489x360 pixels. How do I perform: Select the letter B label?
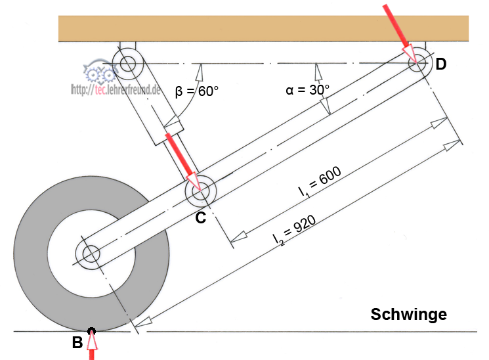tap(77, 342)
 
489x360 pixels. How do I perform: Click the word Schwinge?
tap(408, 315)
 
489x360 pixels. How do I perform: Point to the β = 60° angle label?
tap(196, 91)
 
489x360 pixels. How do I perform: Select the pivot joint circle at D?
tap(417, 64)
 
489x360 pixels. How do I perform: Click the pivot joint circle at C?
tap(199, 192)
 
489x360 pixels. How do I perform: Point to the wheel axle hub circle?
tap(90, 254)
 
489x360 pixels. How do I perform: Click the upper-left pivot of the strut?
tap(126, 64)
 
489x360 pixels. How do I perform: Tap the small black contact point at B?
tap(91, 331)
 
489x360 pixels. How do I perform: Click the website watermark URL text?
tap(115, 89)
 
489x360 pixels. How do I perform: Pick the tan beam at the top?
tap(263, 30)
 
